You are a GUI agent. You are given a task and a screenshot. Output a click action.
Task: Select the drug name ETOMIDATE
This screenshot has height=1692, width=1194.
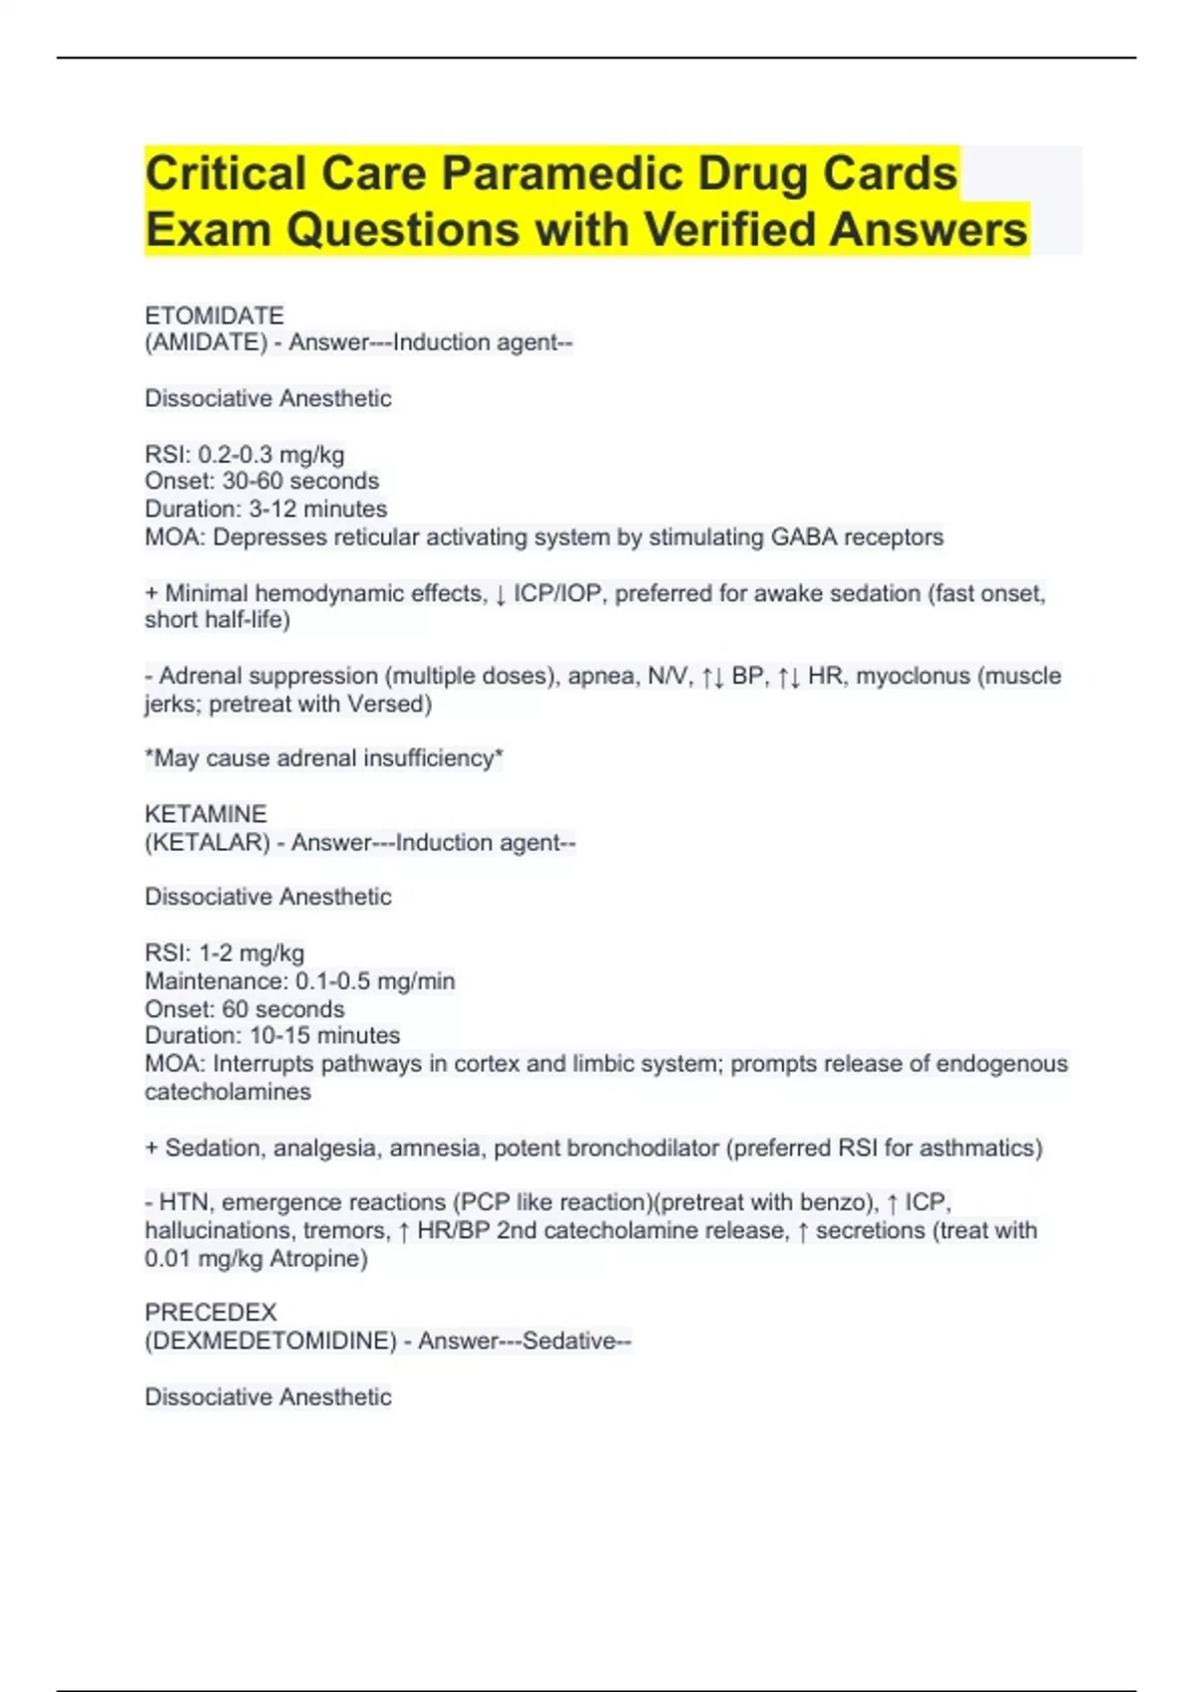click(214, 316)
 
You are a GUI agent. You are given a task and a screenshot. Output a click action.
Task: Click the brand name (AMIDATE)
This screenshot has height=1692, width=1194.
click(206, 342)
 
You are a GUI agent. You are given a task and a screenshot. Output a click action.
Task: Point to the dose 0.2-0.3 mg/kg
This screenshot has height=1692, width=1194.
click(271, 455)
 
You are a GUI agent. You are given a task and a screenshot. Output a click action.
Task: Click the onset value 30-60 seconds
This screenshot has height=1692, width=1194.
click(300, 481)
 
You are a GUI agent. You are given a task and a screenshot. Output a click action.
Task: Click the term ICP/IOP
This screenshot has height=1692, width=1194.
click(557, 594)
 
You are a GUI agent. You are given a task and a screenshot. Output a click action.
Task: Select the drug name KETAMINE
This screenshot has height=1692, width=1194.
click(205, 814)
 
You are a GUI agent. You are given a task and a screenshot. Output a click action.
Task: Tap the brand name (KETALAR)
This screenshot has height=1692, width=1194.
click(207, 842)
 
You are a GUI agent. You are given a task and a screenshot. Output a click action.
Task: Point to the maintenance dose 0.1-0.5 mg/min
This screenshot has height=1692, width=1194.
click(375, 981)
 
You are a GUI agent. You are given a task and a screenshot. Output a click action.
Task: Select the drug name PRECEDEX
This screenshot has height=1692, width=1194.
click(211, 1313)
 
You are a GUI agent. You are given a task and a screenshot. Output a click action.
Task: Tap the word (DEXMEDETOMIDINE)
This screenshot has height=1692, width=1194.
click(271, 1341)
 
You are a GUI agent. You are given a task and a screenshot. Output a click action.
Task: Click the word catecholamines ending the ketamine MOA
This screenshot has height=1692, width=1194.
click(228, 1092)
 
